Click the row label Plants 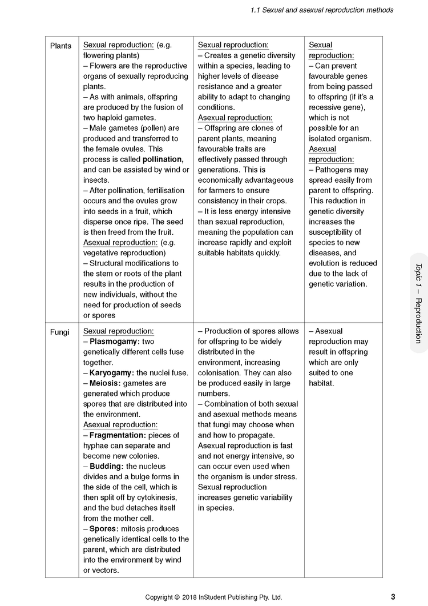[x=60, y=46]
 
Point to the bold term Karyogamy [x=112, y=373]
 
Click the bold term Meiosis [x=106, y=383]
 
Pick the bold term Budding [x=106, y=467]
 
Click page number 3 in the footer [x=393, y=597]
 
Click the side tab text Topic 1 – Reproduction [x=418, y=303]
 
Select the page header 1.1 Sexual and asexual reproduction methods [x=322, y=10]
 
